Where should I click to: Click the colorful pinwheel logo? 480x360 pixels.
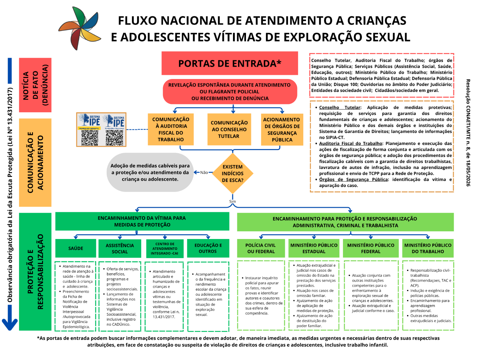pos(80,28)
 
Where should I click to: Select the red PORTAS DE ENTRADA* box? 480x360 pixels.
pos(230,63)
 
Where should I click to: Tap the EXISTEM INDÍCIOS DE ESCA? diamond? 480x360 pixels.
pos(232,173)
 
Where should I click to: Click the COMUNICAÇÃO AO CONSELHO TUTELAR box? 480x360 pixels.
pos(229,129)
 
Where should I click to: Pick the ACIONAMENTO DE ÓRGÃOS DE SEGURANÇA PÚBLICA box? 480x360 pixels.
pos(282,129)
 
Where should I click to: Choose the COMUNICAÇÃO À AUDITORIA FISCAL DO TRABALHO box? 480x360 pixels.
pos(171,129)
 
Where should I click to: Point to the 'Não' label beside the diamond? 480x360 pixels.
pos(204,172)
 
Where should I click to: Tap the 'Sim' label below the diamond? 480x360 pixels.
pos(232,201)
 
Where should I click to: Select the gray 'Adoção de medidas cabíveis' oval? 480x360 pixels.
pos(150,172)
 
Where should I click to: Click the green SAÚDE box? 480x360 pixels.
pos(76,248)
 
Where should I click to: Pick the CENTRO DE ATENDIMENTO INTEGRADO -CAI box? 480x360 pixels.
pos(165,249)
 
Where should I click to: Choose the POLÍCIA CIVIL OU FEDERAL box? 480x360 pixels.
pos(261,248)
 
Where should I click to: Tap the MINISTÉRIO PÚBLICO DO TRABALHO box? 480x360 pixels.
pos(428,248)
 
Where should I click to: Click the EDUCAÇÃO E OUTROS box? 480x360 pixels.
pos(208,248)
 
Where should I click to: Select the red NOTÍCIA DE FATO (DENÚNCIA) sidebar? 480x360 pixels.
pos(35,85)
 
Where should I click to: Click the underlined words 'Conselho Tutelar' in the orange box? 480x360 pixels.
pos(340,107)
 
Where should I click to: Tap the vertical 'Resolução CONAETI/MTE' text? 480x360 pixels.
pos(468,132)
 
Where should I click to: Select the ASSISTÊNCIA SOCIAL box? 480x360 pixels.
pos(120,248)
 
